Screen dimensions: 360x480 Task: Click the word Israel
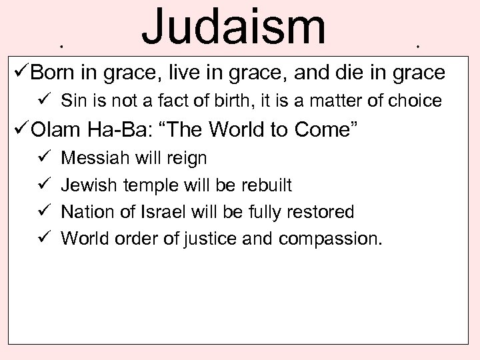[166, 211]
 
